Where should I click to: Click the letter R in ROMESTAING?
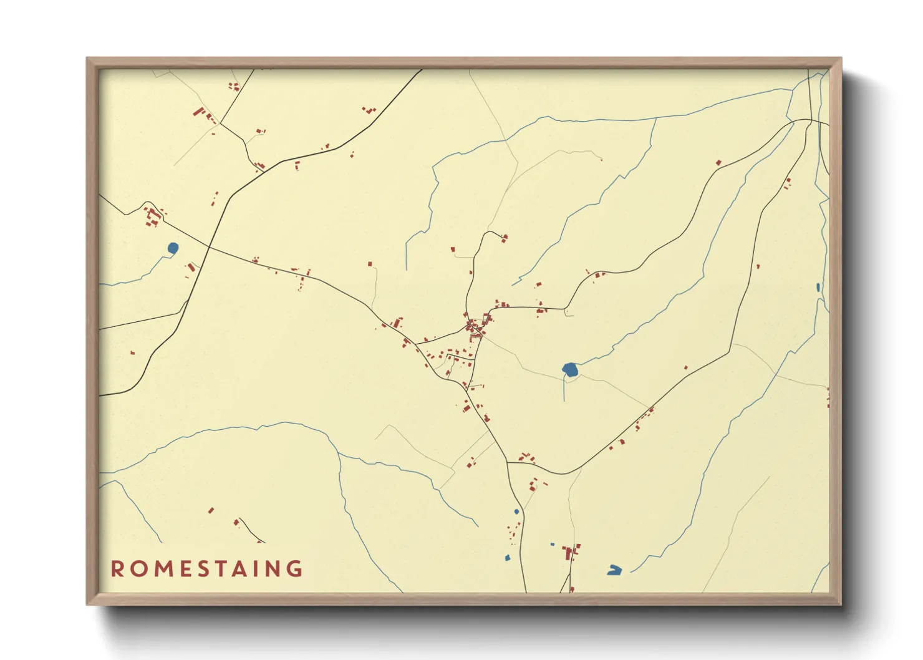click(x=117, y=569)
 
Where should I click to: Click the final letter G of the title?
click(x=296, y=569)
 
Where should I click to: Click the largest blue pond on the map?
click(x=570, y=370)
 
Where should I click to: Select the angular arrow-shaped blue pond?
click(x=614, y=570)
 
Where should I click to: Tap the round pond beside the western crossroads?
click(x=173, y=248)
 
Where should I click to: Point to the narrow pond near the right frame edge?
click(x=818, y=288)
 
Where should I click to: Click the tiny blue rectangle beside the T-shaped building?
click(x=553, y=545)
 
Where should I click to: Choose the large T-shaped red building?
click(x=569, y=551)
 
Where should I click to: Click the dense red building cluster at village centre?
click(x=476, y=327)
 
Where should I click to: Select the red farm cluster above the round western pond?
click(x=152, y=217)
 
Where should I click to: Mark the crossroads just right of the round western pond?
click(x=209, y=247)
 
